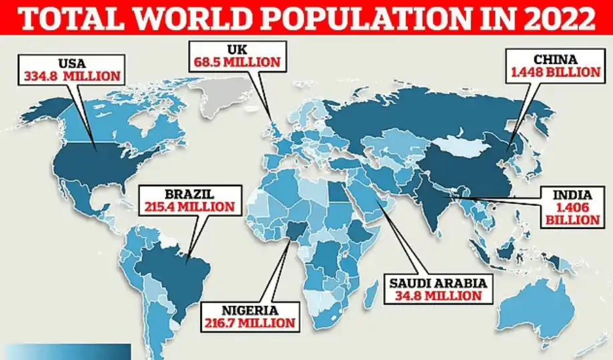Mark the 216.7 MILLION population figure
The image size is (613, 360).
point(248,323)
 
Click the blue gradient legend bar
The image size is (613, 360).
point(67,351)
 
